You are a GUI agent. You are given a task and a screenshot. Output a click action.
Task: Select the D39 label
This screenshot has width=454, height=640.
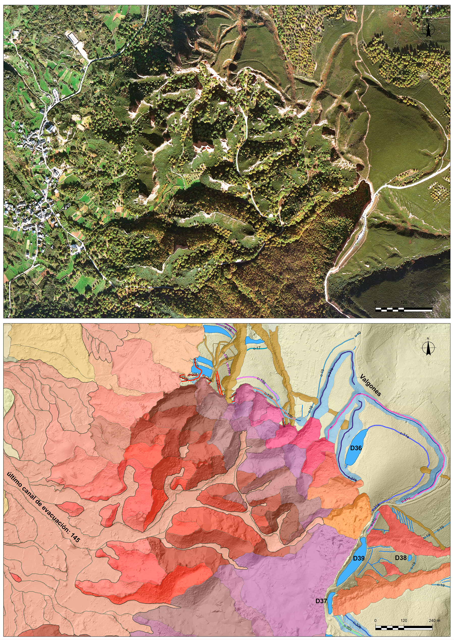tap(359, 558)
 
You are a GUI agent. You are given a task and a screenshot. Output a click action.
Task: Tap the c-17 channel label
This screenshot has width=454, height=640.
tap(257, 348)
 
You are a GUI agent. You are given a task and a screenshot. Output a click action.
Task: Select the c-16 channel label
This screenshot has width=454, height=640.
tap(229, 330)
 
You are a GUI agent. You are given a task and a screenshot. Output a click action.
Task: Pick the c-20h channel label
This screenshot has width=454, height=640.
tap(196, 363)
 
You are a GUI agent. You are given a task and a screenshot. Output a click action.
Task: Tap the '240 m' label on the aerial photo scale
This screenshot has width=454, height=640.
tap(434, 302)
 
